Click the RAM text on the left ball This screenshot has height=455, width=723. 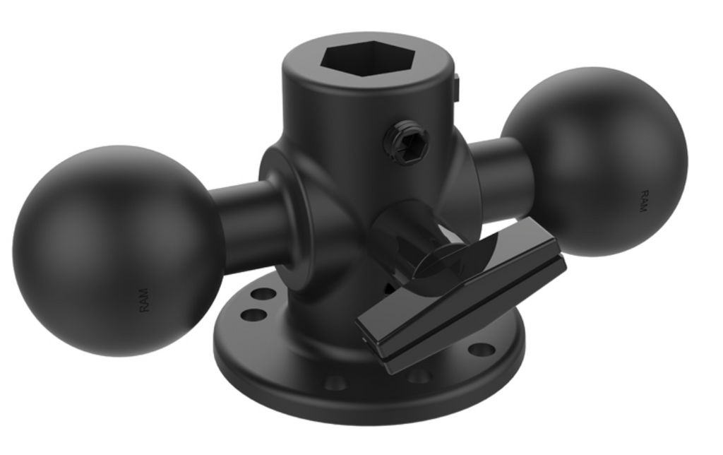144,300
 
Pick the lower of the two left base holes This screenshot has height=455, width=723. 251,314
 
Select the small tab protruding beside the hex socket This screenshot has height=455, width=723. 455,88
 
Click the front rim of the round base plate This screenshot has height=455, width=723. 367,413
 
